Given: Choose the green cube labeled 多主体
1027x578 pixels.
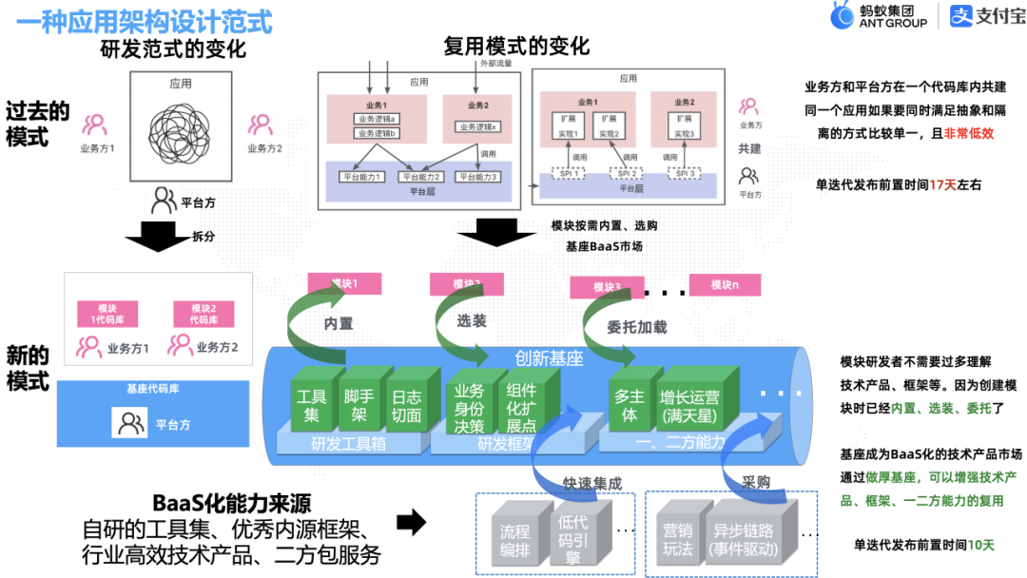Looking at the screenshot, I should tap(630, 405).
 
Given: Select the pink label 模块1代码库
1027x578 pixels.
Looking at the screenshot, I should tap(101, 315).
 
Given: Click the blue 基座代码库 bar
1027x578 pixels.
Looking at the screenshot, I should tap(153, 389).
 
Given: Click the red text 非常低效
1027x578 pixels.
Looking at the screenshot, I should tap(968, 133).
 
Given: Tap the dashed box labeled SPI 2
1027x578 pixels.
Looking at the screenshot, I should tap(627, 174).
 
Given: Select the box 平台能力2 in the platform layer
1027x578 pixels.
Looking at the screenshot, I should tap(422, 176).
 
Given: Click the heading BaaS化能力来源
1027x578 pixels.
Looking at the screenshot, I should tap(232, 502).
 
